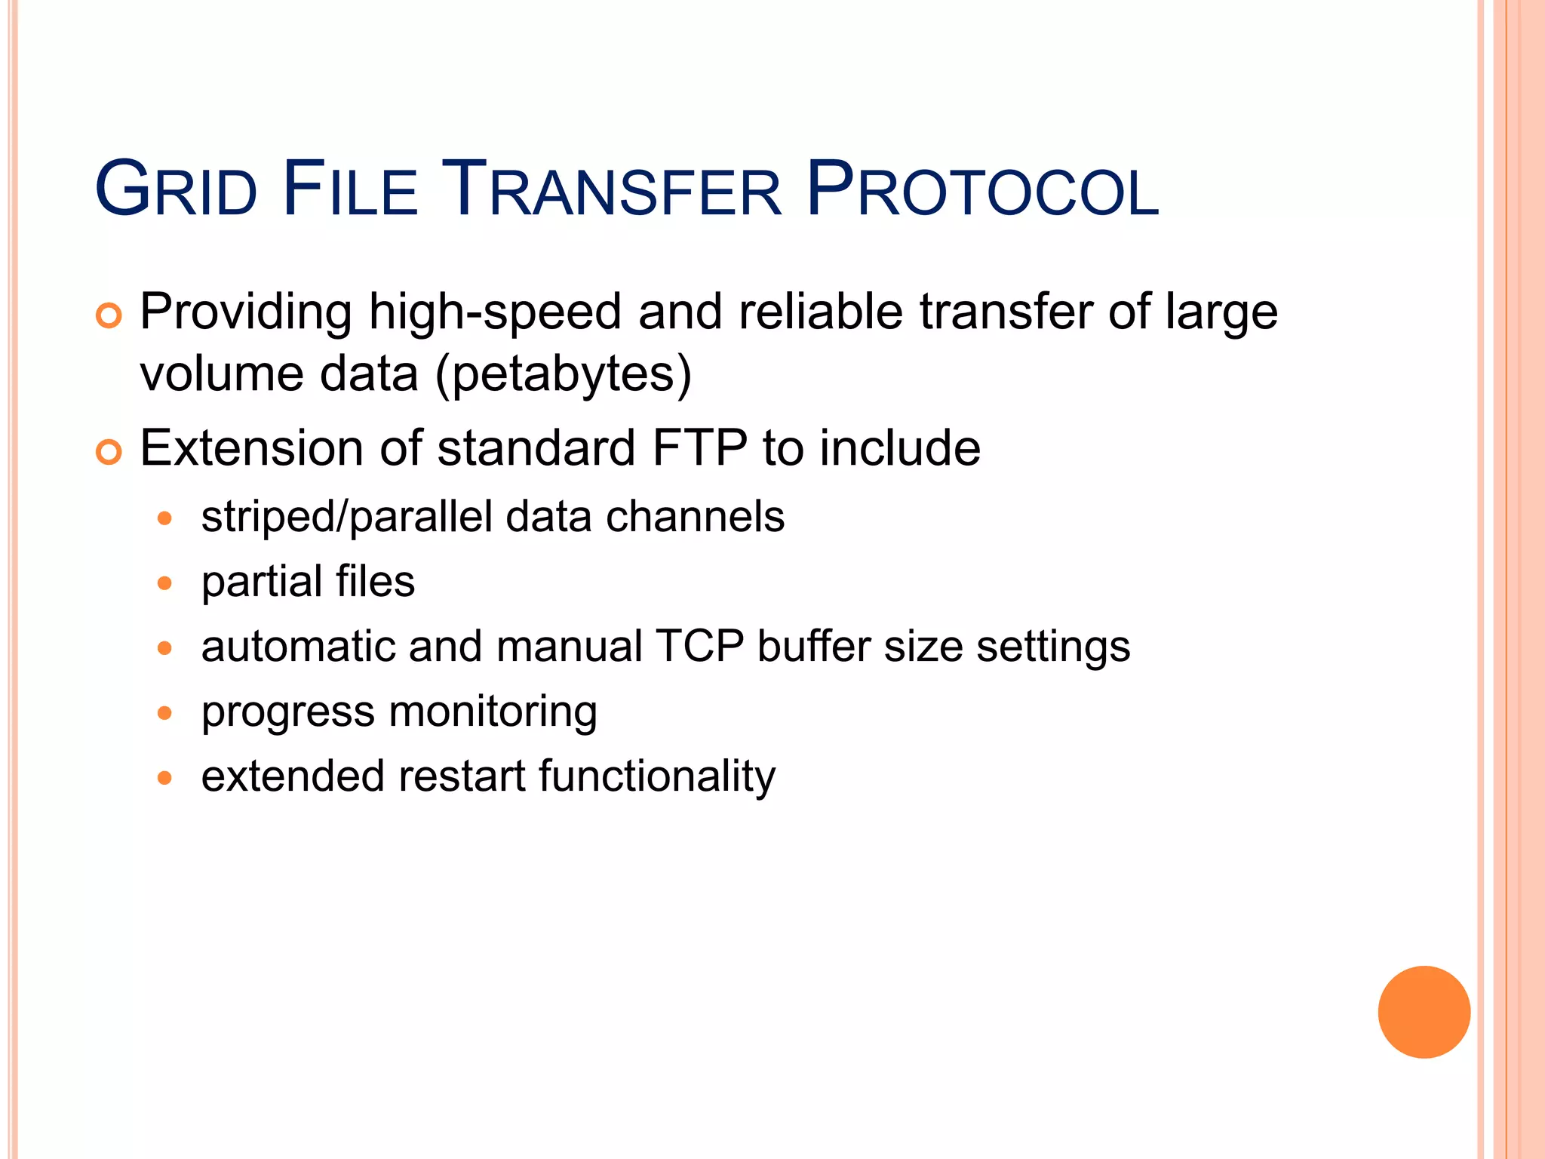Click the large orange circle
click(1424, 1012)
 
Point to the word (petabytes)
click(564, 375)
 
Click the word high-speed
click(495, 312)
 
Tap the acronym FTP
click(699, 448)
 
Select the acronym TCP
click(699, 647)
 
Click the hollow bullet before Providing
click(109, 315)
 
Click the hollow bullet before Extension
click(109, 453)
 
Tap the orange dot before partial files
click(165, 583)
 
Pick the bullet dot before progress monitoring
click(165, 713)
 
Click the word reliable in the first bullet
click(820, 312)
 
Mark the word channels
click(695, 517)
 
